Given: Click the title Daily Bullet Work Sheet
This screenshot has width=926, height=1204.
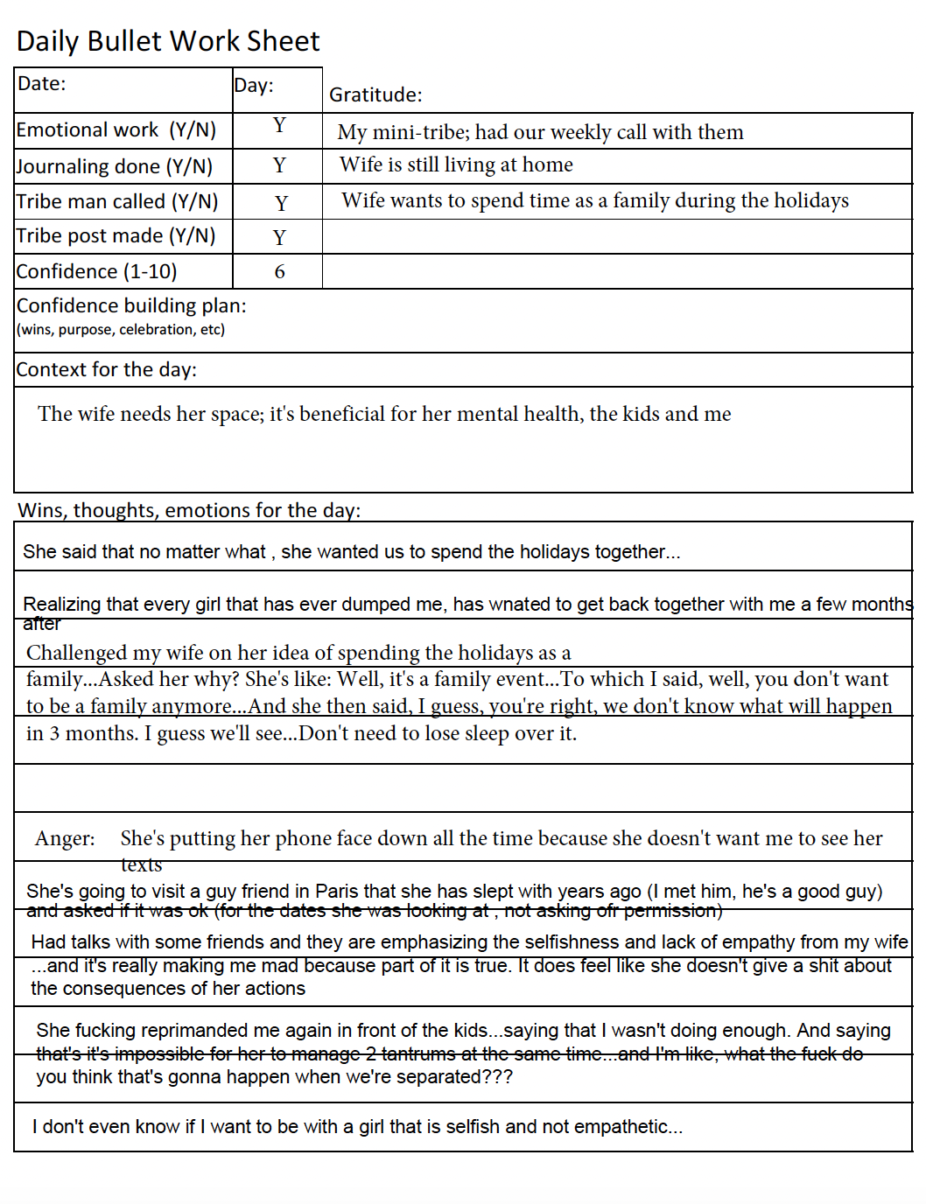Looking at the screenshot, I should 168,41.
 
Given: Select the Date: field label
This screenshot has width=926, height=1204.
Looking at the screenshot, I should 41,84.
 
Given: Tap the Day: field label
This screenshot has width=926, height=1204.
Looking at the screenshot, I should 254,86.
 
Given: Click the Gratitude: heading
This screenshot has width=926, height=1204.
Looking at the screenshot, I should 375,95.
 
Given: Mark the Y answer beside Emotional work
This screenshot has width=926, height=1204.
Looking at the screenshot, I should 279,126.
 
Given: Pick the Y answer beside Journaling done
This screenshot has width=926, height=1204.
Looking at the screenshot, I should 279,165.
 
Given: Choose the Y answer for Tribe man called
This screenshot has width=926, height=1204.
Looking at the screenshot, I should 281,203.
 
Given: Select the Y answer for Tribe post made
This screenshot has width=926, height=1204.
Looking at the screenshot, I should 279,238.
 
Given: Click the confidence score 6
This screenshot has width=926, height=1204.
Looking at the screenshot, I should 279,272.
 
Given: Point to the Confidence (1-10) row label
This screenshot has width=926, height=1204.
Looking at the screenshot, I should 96,272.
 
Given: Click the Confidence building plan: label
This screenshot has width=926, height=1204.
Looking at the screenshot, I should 131,306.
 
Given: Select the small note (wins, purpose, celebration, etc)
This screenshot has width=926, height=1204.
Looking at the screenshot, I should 121,330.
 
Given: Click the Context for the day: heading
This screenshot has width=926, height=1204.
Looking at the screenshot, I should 106,370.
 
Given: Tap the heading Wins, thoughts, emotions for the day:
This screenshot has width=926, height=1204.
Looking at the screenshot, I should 189,510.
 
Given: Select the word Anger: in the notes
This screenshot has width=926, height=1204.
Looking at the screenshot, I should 65,838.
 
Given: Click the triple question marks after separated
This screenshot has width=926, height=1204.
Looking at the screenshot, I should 497,1077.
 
